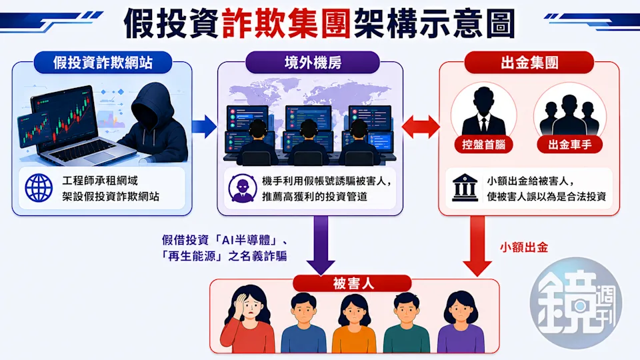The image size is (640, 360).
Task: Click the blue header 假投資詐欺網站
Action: [x=103, y=63]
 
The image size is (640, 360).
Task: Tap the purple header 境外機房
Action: [x=313, y=63]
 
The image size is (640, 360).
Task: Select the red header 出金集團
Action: [x=529, y=63]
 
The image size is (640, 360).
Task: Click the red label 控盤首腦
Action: [x=484, y=145]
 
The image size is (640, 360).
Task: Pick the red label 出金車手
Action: [x=570, y=145]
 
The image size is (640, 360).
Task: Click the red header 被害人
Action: [x=352, y=283]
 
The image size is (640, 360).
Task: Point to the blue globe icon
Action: [x=39, y=188]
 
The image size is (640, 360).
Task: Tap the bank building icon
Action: [x=465, y=188]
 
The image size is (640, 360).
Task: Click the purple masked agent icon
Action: [x=243, y=188]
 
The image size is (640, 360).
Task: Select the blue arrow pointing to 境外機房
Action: [x=204, y=127]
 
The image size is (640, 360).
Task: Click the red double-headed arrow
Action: [x=421, y=127]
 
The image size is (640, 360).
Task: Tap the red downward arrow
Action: [x=477, y=246]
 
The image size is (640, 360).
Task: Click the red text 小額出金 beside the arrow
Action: [x=524, y=247]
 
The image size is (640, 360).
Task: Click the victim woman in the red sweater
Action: [x=247, y=319]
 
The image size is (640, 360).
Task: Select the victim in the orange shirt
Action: [x=354, y=323]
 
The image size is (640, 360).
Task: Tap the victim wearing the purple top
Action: [x=461, y=322]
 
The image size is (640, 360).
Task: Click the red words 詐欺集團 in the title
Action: [x=287, y=24]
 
